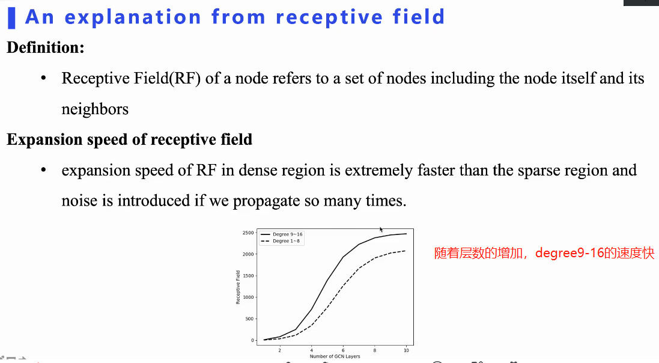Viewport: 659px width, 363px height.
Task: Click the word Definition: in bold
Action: [46, 47]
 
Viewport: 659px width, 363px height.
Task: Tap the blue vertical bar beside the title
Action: [12, 18]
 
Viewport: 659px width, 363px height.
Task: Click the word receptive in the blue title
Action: [329, 17]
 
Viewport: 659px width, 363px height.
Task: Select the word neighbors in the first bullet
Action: [95, 109]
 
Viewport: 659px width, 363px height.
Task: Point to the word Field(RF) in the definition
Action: [167, 78]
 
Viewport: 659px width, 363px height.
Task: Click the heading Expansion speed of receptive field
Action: [129, 139]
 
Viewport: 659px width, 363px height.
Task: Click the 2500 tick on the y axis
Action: [248, 233]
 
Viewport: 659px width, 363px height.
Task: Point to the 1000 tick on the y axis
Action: [248, 297]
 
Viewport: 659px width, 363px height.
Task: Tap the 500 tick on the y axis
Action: [249, 319]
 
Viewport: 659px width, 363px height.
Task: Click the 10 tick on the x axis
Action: [407, 350]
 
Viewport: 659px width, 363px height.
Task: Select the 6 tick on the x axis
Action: [343, 350]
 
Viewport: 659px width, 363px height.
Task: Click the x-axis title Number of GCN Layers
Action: [335, 356]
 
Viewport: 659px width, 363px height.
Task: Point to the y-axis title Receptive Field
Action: [238, 287]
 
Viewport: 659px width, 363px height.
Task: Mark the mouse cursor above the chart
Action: [381, 230]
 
